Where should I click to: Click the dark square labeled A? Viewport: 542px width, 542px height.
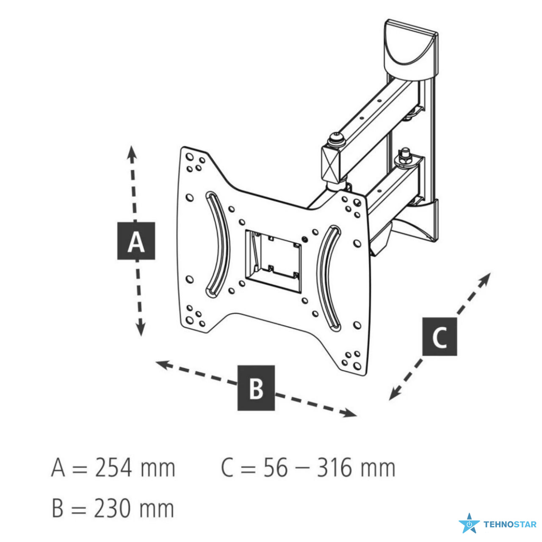point(136,241)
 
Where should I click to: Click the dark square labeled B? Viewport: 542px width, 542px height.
point(256,388)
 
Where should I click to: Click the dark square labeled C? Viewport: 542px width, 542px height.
point(440,337)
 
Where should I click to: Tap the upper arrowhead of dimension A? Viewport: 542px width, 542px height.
point(131,154)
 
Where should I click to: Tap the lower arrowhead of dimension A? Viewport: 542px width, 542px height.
point(140,328)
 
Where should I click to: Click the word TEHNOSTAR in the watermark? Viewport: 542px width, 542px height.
point(510,525)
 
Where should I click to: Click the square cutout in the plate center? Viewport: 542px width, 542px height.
point(273,262)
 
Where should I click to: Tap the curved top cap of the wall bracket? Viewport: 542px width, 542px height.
point(411,50)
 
